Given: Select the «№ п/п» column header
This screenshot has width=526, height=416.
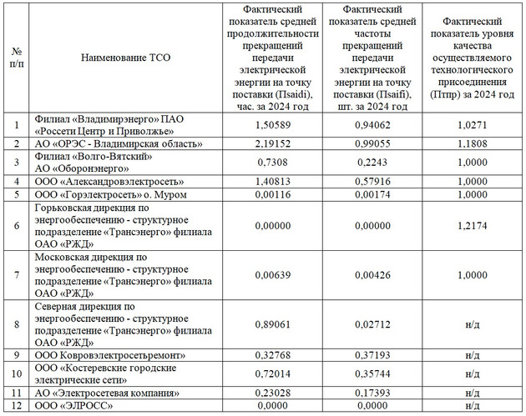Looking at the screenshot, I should (17, 58).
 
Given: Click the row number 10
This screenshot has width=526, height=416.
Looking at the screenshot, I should (17, 373).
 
